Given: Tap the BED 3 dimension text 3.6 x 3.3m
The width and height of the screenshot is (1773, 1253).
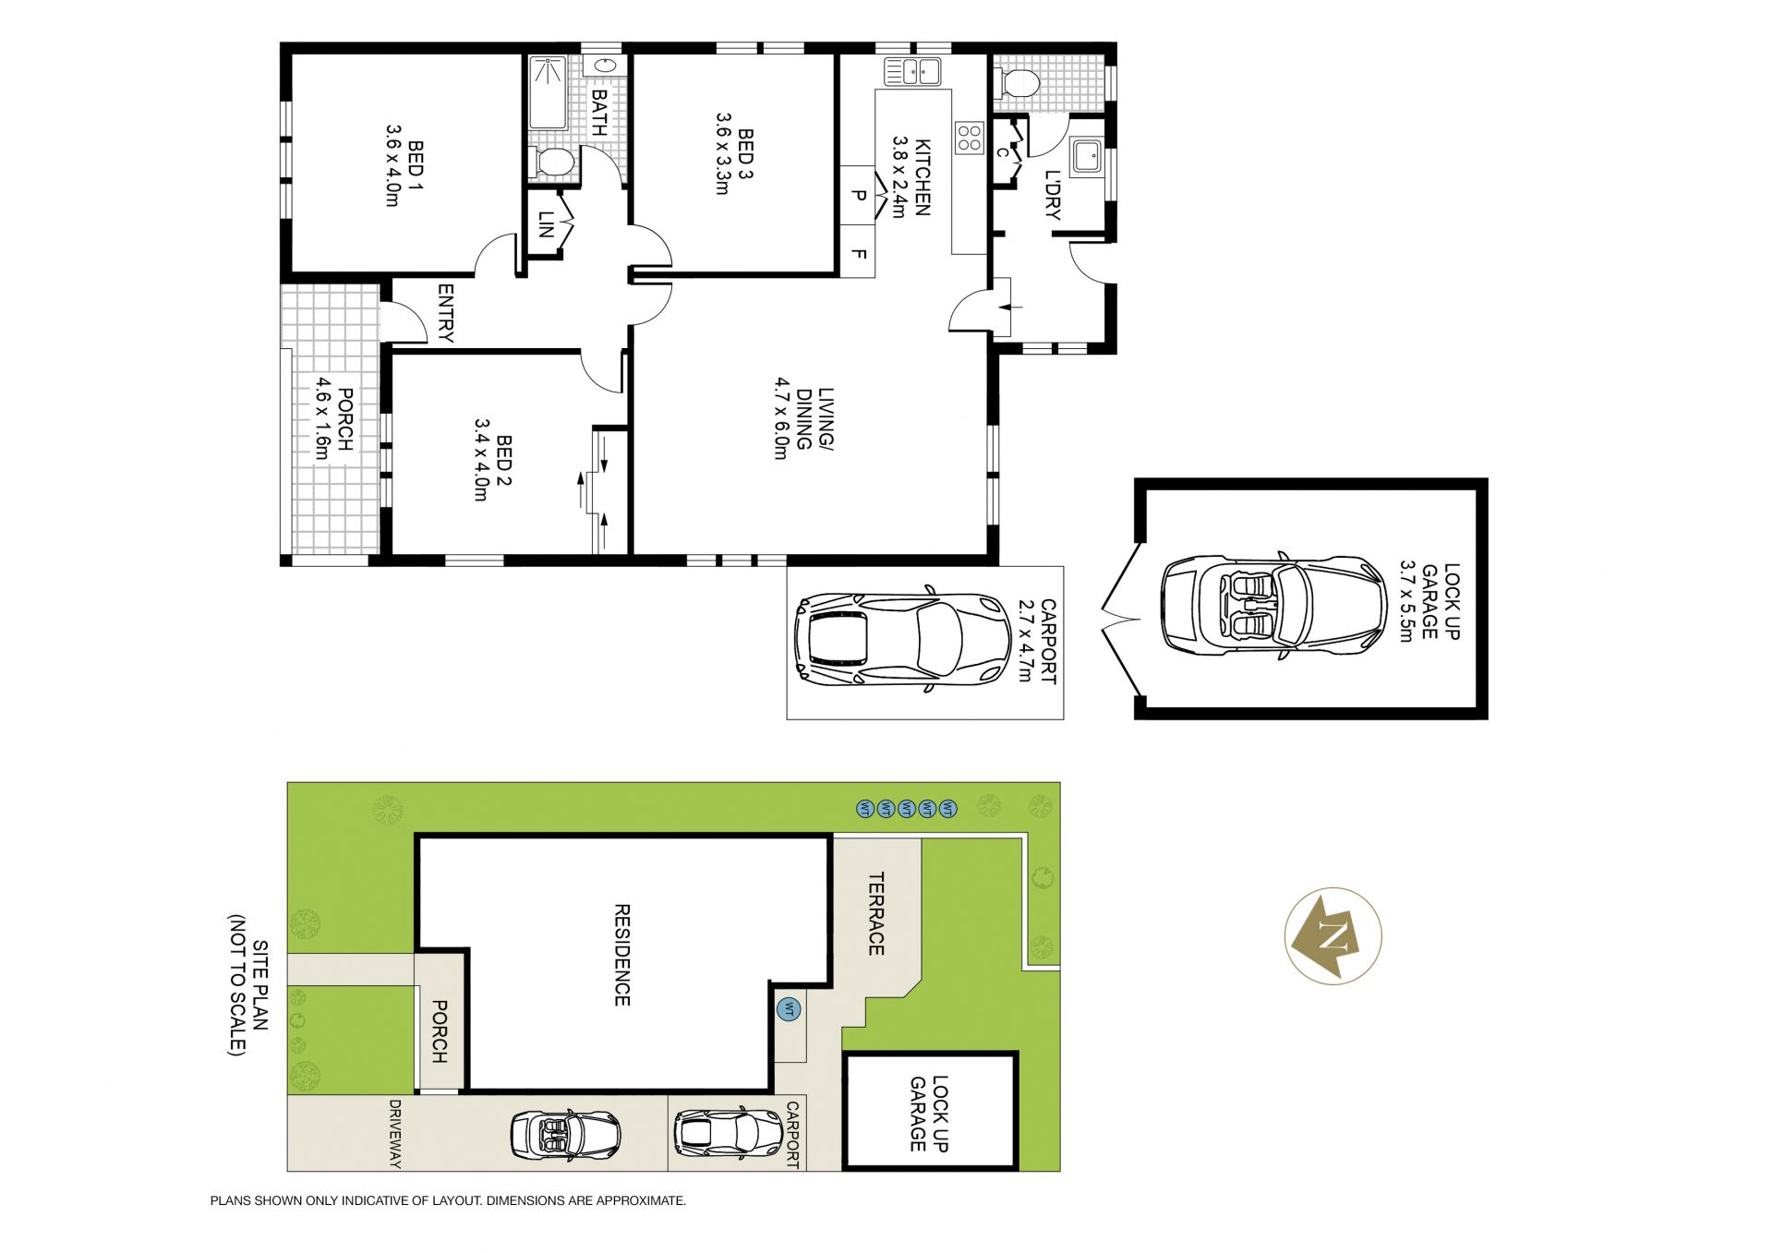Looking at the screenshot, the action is tap(723, 153).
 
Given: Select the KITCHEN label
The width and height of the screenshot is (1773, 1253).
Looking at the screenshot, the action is tap(923, 176).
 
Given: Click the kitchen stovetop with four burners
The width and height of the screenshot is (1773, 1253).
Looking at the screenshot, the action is tap(970, 138).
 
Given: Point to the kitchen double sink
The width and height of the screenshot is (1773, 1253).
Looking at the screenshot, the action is tap(911, 71).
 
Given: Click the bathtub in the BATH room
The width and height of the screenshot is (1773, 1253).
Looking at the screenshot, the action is tap(547, 92).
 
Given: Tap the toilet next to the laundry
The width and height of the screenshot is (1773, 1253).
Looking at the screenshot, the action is tap(1019, 84).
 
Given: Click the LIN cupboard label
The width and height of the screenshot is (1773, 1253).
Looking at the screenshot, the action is tap(546, 224).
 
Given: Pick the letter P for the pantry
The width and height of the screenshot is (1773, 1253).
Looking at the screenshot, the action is tap(859, 195).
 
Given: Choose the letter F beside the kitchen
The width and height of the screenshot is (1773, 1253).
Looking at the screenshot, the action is tap(859, 253).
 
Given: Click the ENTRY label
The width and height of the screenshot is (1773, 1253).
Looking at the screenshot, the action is tap(446, 313).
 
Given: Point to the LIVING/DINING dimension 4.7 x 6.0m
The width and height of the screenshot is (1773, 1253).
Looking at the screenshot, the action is tap(782, 418).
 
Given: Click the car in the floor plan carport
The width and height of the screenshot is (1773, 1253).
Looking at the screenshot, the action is tap(902, 639).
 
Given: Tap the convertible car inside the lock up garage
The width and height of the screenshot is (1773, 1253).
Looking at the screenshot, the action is tap(1273, 606).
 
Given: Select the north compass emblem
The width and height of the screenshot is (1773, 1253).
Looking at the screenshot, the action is tap(1333, 935).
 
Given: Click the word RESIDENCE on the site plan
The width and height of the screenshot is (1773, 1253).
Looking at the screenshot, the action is tap(622, 955).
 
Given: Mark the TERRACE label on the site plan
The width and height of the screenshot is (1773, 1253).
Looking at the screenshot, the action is tap(876, 914).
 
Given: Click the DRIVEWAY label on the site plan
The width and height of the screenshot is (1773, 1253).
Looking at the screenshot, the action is tap(395, 1134).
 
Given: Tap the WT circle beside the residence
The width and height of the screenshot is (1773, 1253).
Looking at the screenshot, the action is tap(789, 1009).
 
